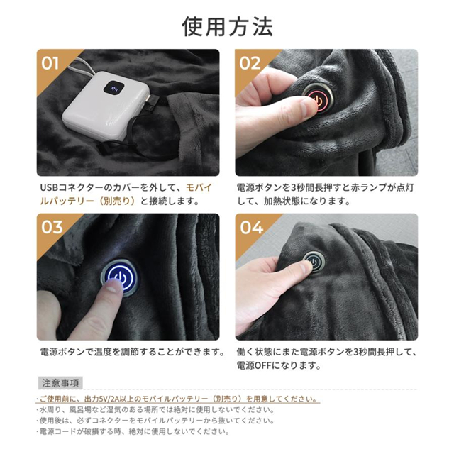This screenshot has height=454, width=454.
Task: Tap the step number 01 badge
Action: click(x=50, y=63)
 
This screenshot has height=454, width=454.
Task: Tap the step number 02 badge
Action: click(x=250, y=63)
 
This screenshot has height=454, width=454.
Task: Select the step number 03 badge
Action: click(x=52, y=228)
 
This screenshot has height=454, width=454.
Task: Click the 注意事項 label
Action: click(x=60, y=382)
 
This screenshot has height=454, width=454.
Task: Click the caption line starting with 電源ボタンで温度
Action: click(x=132, y=353)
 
